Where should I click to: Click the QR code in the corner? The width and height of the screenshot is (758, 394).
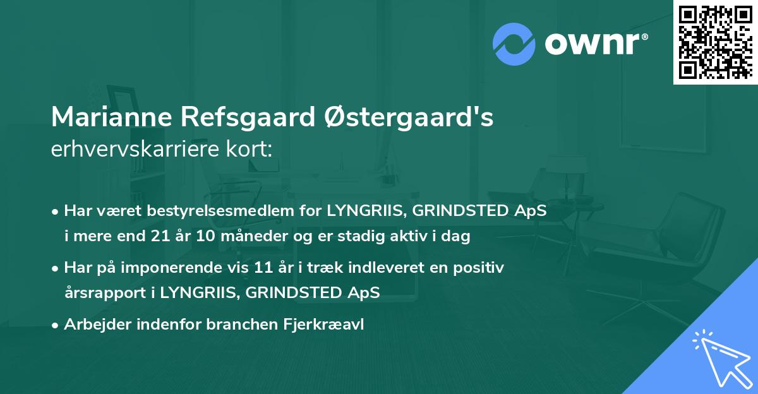[714, 42]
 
